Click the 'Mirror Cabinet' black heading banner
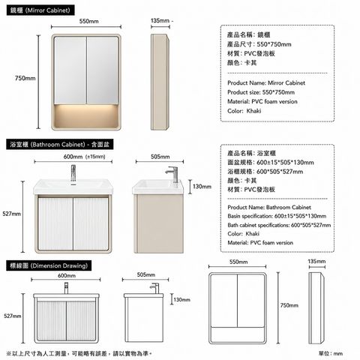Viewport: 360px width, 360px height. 40,10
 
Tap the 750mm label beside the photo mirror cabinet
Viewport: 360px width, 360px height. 25,78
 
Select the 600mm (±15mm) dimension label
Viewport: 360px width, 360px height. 84,157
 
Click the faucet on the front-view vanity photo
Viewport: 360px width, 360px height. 73,173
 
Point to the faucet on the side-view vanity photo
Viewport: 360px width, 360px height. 172,174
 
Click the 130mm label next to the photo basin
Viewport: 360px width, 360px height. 202,187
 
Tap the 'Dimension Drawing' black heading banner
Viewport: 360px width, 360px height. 49,265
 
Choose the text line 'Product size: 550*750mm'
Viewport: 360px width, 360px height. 261,92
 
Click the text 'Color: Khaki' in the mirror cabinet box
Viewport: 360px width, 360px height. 244,111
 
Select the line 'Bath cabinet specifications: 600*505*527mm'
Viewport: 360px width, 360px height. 279,225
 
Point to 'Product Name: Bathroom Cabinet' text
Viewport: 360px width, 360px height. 269,207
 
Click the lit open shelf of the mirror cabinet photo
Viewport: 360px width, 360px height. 86,116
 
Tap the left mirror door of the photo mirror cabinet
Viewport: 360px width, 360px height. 70,70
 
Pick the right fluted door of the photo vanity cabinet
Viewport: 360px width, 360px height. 91,224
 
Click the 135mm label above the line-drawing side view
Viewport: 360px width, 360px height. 316,262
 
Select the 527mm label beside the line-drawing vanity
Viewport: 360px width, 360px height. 13,316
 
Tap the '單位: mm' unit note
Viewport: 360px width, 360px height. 331,353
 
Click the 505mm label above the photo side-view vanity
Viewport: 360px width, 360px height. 160,157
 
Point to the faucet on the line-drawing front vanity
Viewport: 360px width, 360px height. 66,288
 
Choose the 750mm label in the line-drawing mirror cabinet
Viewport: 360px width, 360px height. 289,305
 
